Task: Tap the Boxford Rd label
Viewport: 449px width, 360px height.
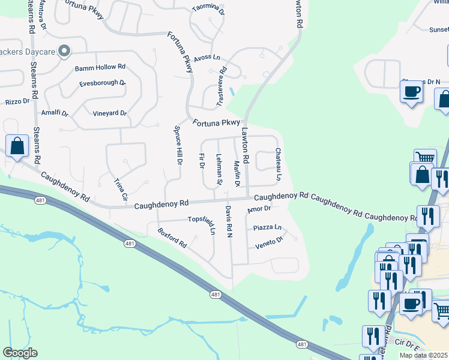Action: [172, 238]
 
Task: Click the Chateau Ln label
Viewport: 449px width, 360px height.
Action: [278, 164]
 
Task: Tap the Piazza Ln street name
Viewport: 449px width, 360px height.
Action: [267, 228]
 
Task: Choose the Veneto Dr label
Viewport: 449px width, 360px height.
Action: [268, 242]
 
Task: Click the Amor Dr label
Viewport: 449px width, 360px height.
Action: [259, 209]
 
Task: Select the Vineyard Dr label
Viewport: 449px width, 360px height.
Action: [109, 113]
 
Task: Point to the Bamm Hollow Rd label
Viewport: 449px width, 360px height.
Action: [100, 68]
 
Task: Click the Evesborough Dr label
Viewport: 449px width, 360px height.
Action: [102, 83]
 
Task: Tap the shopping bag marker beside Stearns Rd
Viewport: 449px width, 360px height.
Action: [17, 146]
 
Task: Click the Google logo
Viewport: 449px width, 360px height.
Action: [20, 353]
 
